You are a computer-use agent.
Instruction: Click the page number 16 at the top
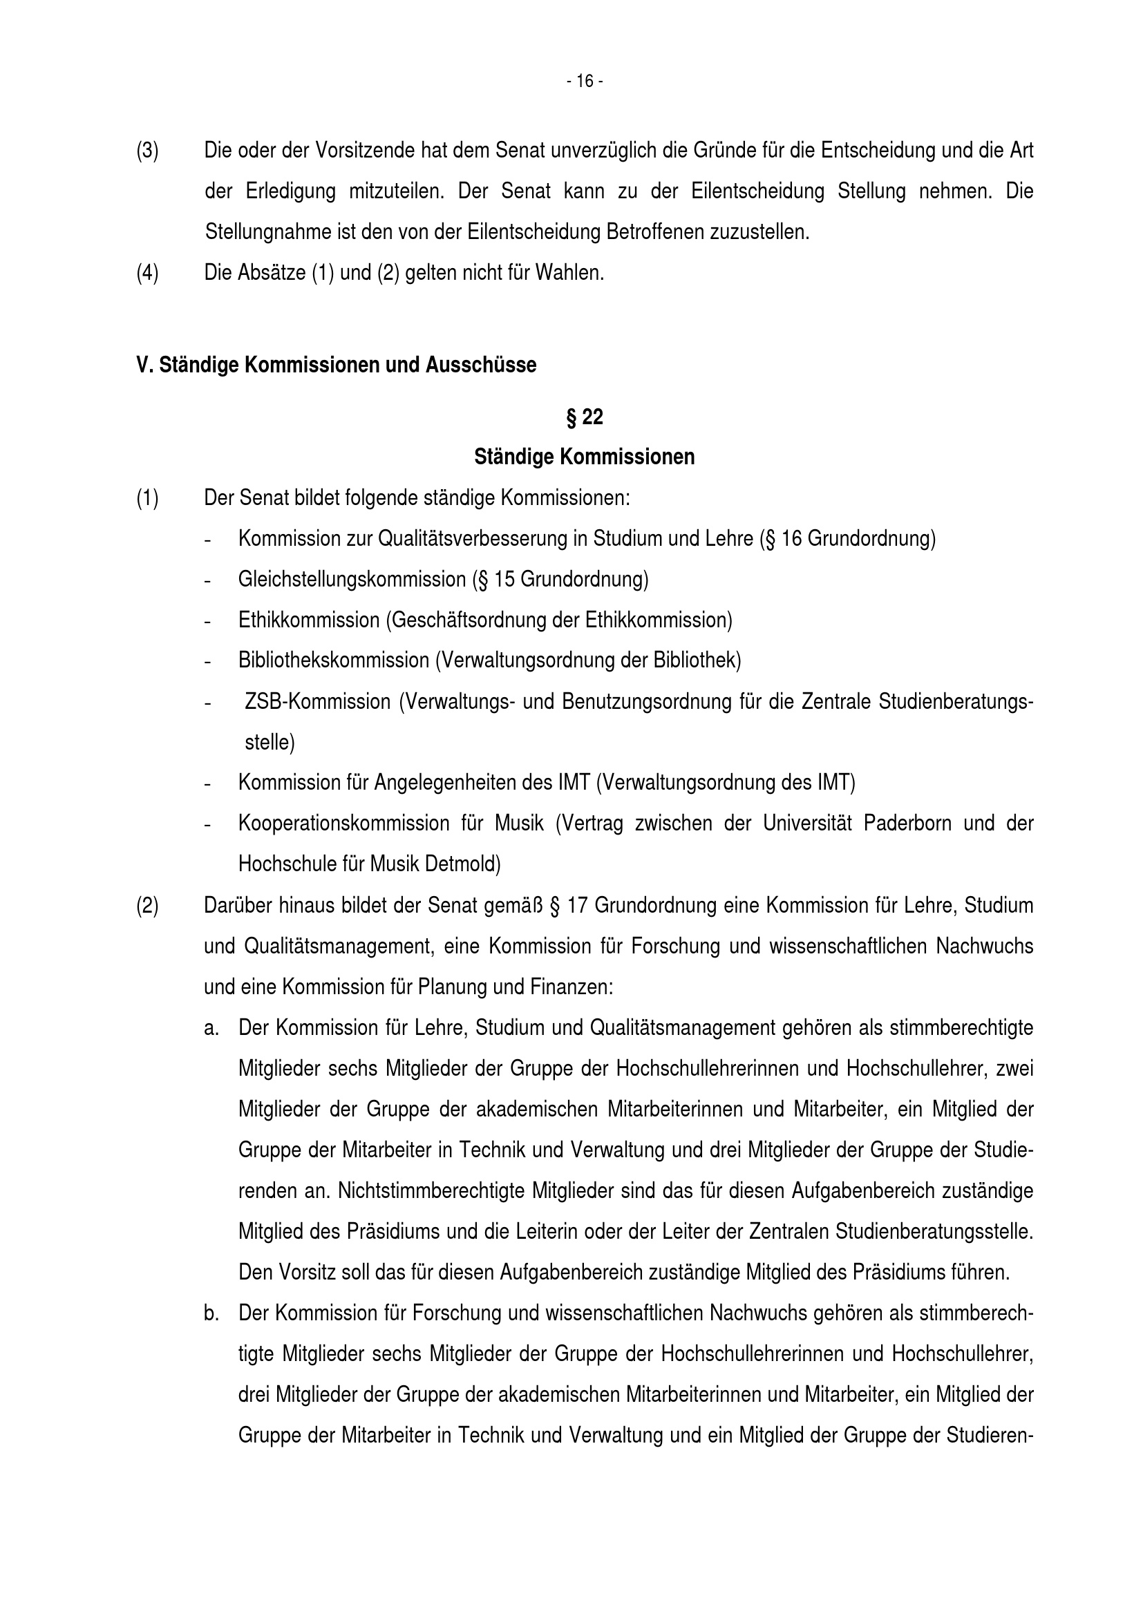pyautogui.click(x=584, y=82)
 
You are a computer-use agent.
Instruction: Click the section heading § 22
pyautogui.click(x=584, y=417)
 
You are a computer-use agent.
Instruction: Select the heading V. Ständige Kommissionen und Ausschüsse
pyautogui.click(x=336, y=365)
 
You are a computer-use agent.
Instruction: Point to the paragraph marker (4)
pyautogui.click(x=147, y=272)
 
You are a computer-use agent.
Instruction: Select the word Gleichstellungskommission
pyautogui.click(x=352, y=579)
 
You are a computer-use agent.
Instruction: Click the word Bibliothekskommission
pyautogui.click(x=334, y=660)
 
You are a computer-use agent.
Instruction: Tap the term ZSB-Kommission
pyautogui.click(x=317, y=702)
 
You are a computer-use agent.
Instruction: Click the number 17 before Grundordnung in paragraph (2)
pyautogui.click(x=576, y=905)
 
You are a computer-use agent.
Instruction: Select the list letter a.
pyautogui.click(x=211, y=1027)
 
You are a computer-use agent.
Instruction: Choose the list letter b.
pyautogui.click(x=211, y=1313)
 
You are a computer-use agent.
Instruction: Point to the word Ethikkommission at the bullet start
pyautogui.click(x=309, y=620)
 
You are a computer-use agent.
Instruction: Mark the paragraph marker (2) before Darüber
pyautogui.click(x=147, y=905)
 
